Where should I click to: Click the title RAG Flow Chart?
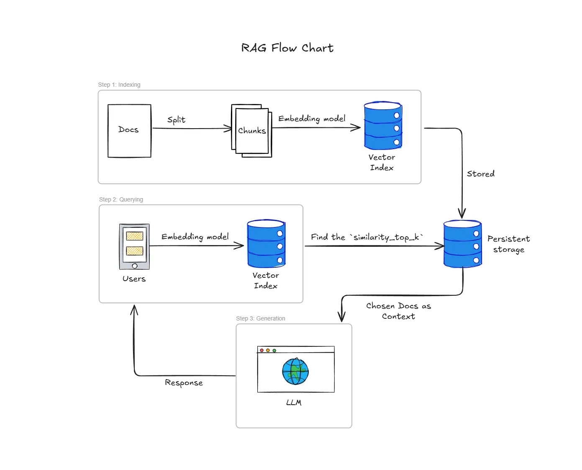287,48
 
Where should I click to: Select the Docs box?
129,131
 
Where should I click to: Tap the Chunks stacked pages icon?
251,131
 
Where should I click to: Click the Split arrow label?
176,120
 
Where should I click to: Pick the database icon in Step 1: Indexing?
383,126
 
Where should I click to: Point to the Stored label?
480,173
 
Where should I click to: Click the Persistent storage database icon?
462,244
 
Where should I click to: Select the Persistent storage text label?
508,244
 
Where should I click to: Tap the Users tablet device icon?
134,246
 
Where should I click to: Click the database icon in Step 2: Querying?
266,244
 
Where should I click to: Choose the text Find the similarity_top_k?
367,237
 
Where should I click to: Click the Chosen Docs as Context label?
398,311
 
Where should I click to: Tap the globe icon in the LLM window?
295,371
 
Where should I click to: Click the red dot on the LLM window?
262,350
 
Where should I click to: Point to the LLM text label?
294,403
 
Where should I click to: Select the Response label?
184,382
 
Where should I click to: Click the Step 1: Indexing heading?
119,85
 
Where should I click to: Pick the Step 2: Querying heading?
121,199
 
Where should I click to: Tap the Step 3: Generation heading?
260,318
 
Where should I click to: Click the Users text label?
134,279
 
